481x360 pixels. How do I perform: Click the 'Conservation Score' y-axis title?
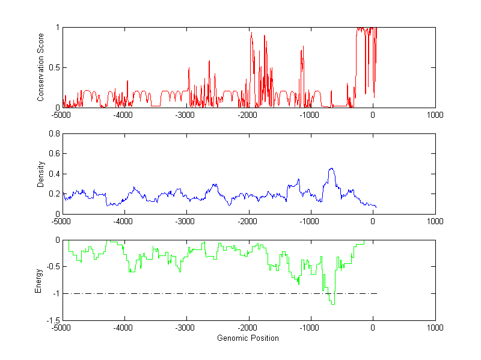(41, 67)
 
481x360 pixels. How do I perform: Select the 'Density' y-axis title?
(41, 174)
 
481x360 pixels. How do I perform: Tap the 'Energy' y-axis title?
(38, 280)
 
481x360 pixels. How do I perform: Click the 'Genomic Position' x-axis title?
(248, 338)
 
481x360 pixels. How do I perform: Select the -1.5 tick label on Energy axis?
(53, 320)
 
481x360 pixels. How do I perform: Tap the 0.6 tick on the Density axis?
(54, 154)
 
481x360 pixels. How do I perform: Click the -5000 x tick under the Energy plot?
(61, 328)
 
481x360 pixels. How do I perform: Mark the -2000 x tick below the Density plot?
(248, 221)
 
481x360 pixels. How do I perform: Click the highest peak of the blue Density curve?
(331, 169)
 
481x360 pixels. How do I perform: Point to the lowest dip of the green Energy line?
(333, 305)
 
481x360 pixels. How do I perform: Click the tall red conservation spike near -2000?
(251, 33)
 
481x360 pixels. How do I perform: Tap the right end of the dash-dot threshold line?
(376, 294)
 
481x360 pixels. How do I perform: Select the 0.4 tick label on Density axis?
(54, 174)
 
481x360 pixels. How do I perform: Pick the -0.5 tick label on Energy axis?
(53, 267)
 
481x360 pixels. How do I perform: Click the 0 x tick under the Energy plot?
(373, 328)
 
